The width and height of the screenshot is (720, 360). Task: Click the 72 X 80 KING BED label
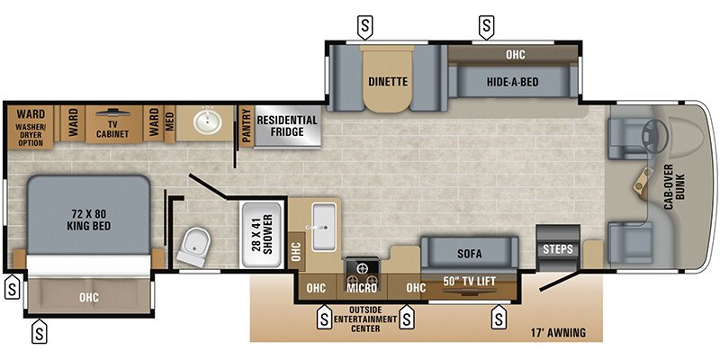coord(88,220)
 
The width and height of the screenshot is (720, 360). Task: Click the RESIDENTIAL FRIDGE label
coord(287,127)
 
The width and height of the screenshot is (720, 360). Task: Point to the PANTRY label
coord(246,125)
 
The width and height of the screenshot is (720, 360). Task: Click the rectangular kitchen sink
coord(322,219)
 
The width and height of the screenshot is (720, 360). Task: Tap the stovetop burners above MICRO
coord(365,267)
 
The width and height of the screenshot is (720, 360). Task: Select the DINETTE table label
coord(388,82)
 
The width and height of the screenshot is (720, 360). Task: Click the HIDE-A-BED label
coord(514,82)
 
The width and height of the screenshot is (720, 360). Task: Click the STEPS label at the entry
coord(557,248)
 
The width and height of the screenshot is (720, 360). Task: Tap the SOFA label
coord(468,253)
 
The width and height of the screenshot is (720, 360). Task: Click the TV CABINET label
coord(112,129)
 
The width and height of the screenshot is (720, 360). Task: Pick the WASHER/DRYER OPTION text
coord(31,136)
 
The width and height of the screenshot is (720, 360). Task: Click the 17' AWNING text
coord(557,333)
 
